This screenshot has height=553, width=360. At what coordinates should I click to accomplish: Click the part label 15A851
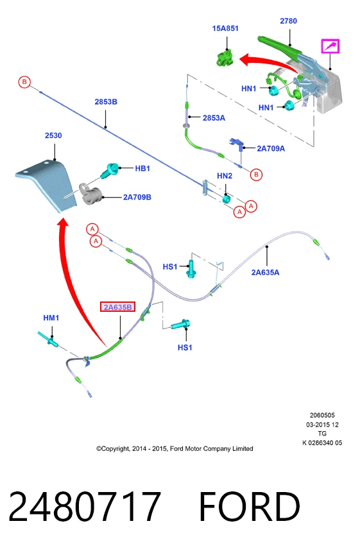coord(225,28)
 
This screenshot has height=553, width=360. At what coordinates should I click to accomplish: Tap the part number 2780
coord(288,21)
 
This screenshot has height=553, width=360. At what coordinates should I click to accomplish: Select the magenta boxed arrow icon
coord(330,46)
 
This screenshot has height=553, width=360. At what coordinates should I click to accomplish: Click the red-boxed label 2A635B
coord(117,307)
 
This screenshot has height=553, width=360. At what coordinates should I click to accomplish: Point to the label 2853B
coord(106,101)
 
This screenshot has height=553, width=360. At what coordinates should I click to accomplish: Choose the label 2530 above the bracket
coord(53,135)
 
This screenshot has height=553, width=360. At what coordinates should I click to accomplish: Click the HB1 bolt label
coord(142,169)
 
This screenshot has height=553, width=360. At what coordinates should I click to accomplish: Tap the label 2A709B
coord(137,197)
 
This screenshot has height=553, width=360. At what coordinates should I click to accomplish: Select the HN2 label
coord(225,176)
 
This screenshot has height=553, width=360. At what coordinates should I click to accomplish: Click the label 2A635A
coord(266,272)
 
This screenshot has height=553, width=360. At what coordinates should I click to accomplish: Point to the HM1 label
coord(51,318)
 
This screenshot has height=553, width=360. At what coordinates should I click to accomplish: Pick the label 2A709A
coord(271,148)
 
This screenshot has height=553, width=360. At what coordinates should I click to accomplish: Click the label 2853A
coord(214,118)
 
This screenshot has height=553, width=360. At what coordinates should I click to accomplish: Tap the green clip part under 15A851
coord(225,58)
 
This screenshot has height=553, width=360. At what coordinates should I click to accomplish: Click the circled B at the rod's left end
coord(24,82)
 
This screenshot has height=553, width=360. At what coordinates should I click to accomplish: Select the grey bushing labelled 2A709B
coord(90,194)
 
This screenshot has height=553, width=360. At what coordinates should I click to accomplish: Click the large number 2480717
coord(85,506)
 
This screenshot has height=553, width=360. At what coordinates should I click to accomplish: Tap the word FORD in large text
coord(250,506)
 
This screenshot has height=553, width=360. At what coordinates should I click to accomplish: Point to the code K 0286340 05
coord(322,443)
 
